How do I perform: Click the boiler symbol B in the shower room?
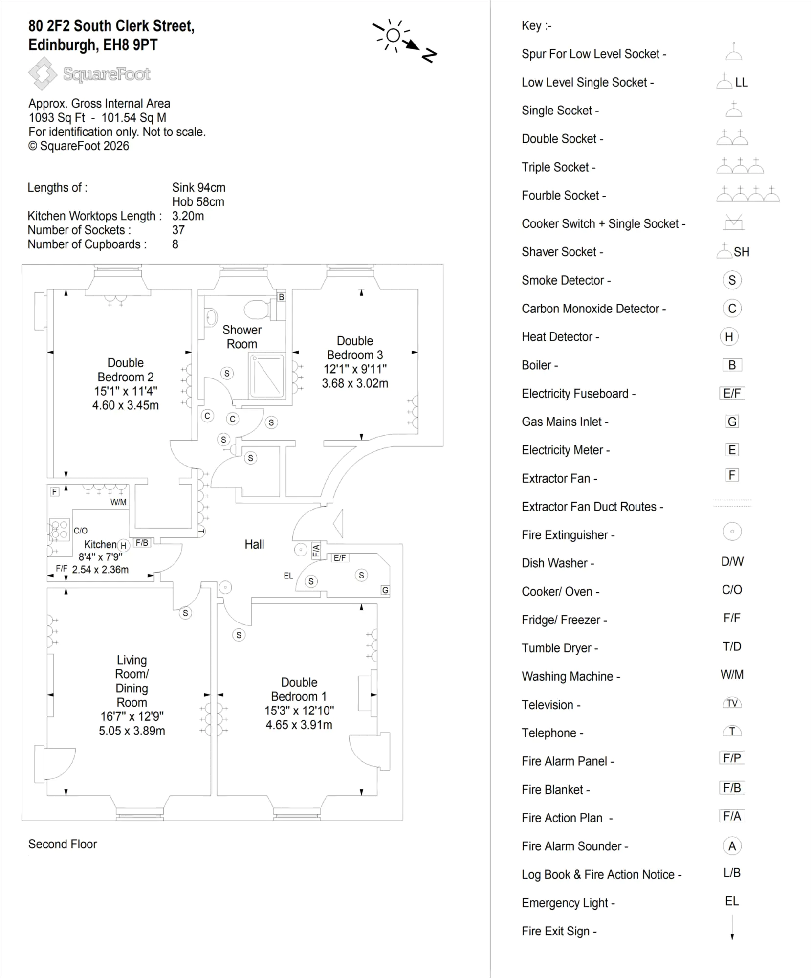click(281, 297)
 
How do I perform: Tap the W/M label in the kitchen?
click(118, 502)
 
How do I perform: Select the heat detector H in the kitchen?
click(123, 546)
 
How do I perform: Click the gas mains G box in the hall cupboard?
click(385, 590)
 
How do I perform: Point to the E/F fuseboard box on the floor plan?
click(340, 558)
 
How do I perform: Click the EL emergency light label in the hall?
click(288, 576)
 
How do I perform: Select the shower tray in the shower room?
click(267, 376)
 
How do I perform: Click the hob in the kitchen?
click(60, 531)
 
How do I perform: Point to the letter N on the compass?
click(429, 55)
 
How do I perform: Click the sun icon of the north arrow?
click(393, 35)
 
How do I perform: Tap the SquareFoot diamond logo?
click(43, 73)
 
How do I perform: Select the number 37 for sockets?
click(178, 230)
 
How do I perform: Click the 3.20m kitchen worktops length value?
click(188, 216)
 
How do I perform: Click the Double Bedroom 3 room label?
click(355, 348)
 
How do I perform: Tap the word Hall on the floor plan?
click(254, 544)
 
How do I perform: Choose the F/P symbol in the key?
click(732, 758)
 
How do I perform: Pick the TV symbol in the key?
click(732, 703)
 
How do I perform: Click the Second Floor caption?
click(63, 844)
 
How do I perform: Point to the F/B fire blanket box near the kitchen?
click(142, 543)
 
